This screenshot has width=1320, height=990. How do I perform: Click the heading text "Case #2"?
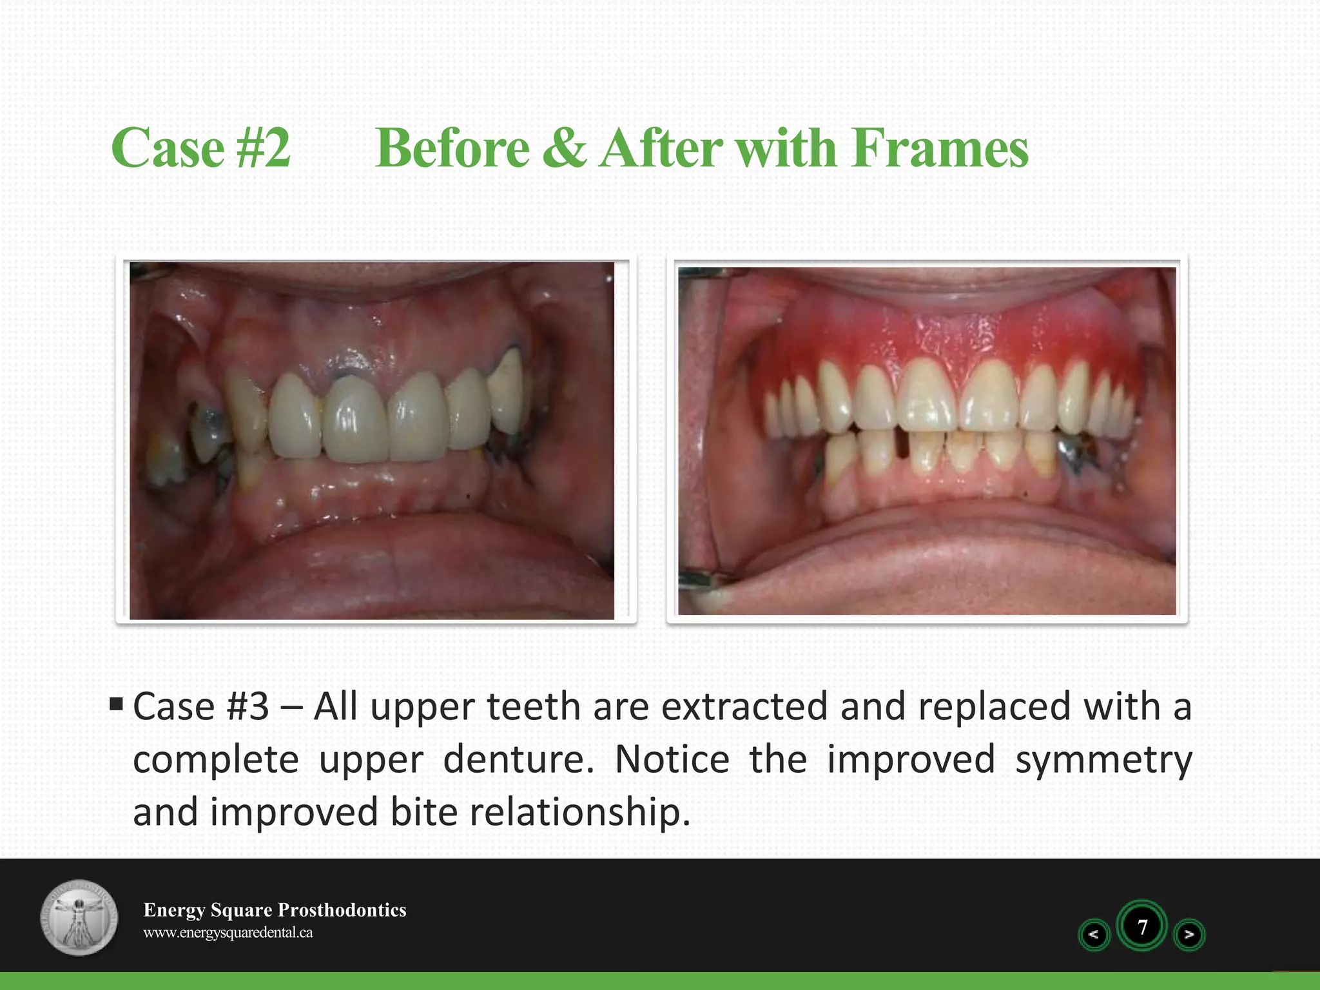[200, 148]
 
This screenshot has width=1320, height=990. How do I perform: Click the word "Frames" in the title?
[939, 148]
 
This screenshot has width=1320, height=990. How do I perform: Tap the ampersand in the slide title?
[564, 148]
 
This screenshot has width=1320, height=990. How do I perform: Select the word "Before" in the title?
[452, 148]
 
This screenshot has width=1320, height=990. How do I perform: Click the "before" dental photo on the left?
[372, 440]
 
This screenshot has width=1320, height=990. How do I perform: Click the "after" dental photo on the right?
[927, 440]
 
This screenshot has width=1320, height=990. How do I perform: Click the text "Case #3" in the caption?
[201, 706]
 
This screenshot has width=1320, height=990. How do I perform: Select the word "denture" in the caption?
[518, 759]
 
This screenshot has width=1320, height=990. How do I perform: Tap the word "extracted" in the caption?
[744, 706]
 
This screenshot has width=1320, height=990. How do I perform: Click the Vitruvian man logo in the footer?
[79, 917]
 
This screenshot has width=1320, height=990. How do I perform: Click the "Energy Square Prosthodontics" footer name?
[275, 909]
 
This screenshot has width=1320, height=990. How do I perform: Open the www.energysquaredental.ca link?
[228, 933]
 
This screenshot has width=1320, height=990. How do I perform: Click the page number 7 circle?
[1142, 927]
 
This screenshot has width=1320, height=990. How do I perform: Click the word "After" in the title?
[662, 148]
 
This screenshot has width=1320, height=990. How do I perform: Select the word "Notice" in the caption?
[672, 759]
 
